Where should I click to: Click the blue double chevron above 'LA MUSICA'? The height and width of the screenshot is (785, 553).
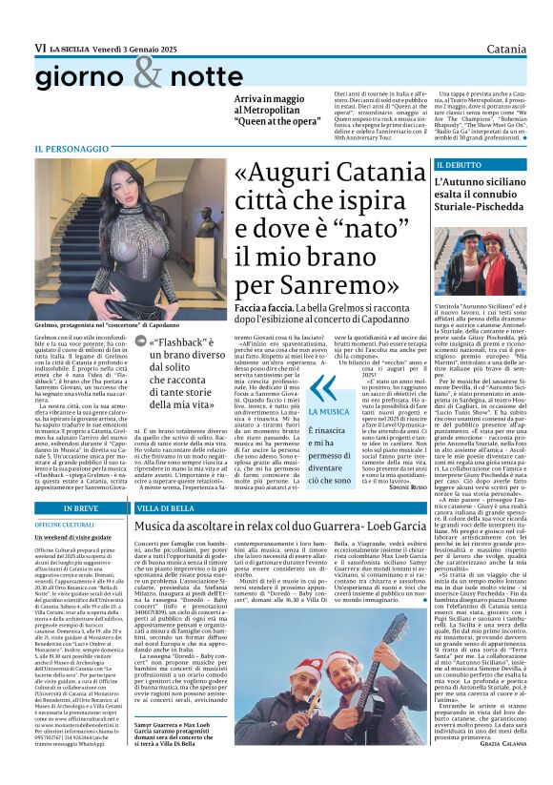click(x=327, y=388)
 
